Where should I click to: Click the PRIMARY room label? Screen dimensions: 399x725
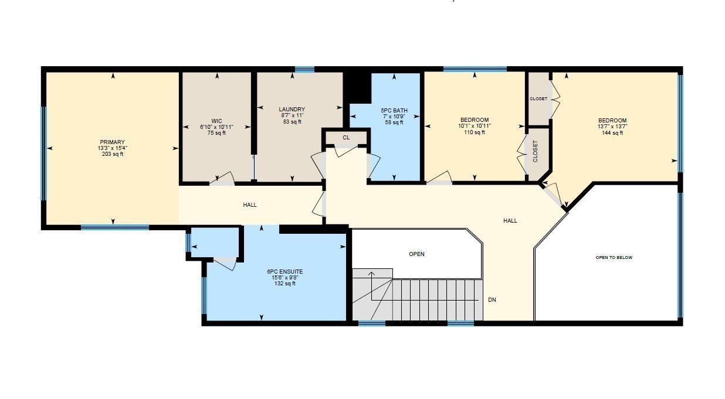pos(112,142)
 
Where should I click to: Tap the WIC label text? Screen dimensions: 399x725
pos(218,121)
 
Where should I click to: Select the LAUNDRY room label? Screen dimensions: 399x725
pos(292,110)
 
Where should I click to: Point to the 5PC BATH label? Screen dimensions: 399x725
pos(394,110)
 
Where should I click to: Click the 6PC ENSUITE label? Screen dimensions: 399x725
pos(284,272)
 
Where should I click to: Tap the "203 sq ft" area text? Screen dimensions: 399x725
pos(112,154)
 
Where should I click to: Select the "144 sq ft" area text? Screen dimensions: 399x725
pos(612,133)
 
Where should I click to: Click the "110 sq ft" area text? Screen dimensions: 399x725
pos(475,132)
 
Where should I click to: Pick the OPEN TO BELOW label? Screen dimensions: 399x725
pos(614,257)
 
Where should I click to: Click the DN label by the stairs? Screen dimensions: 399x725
pos(492,300)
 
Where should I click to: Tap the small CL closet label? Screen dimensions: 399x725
pos(346,138)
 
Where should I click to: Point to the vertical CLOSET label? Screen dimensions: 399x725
pos(535,151)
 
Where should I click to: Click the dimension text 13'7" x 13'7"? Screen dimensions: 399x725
pos(612,127)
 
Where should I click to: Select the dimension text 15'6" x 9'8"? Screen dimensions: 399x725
pos(284,278)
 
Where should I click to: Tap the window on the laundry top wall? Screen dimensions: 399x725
pos(304,70)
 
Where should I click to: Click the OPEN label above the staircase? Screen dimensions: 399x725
pos(416,254)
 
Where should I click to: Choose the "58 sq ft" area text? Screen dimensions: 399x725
pos(394,122)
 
